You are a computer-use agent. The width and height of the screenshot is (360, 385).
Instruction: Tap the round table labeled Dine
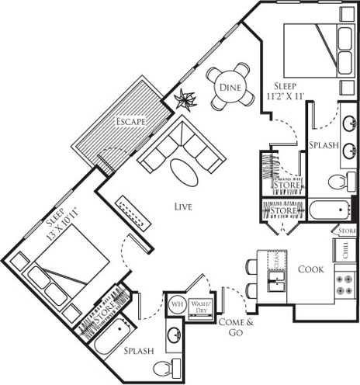230,87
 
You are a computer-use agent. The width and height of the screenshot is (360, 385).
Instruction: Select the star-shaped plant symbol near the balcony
185,98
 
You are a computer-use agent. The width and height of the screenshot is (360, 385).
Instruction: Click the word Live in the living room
183,206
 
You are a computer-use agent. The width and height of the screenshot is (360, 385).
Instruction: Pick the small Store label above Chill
346,231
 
